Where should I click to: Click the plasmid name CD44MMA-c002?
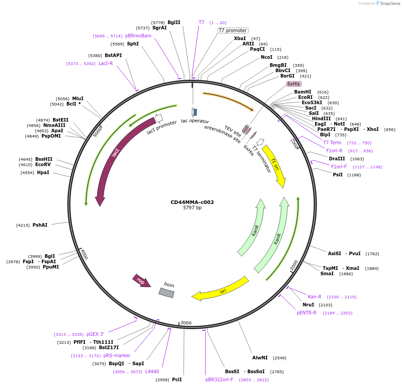point(192,202)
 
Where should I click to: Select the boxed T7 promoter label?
point(233,30)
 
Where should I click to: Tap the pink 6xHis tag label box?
point(294,84)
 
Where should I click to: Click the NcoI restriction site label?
point(267,57)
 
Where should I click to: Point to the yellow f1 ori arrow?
point(275,165)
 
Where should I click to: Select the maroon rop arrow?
point(141,281)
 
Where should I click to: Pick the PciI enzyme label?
point(177,379)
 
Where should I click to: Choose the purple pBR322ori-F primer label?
point(219,379)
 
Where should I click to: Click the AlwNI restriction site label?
point(260,358)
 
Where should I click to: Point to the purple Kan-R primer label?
point(315,297)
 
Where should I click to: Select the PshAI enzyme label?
point(40,225)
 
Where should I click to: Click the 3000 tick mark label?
point(186,323)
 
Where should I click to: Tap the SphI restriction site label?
point(133,44)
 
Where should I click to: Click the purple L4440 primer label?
point(152,371)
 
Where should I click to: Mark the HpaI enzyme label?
point(43,172)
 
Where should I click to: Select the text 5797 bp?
point(192,208)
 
